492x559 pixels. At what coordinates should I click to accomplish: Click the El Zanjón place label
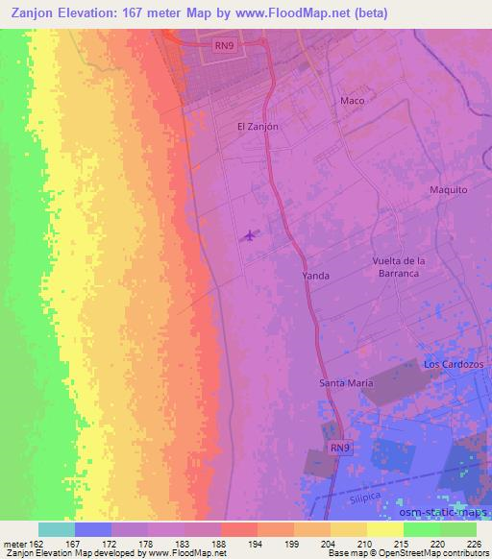[x=257, y=126]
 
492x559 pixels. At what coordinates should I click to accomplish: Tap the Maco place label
[x=353, y=100]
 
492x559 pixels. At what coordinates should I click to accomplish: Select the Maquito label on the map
[x=448, y=190]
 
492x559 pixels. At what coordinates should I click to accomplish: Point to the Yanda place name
[x=316, y=276]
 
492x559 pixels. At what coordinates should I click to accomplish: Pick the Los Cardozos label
[x=455, y=366]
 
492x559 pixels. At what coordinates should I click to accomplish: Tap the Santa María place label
[x=346, y=383]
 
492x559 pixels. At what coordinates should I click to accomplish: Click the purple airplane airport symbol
[x=251, y=235]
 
